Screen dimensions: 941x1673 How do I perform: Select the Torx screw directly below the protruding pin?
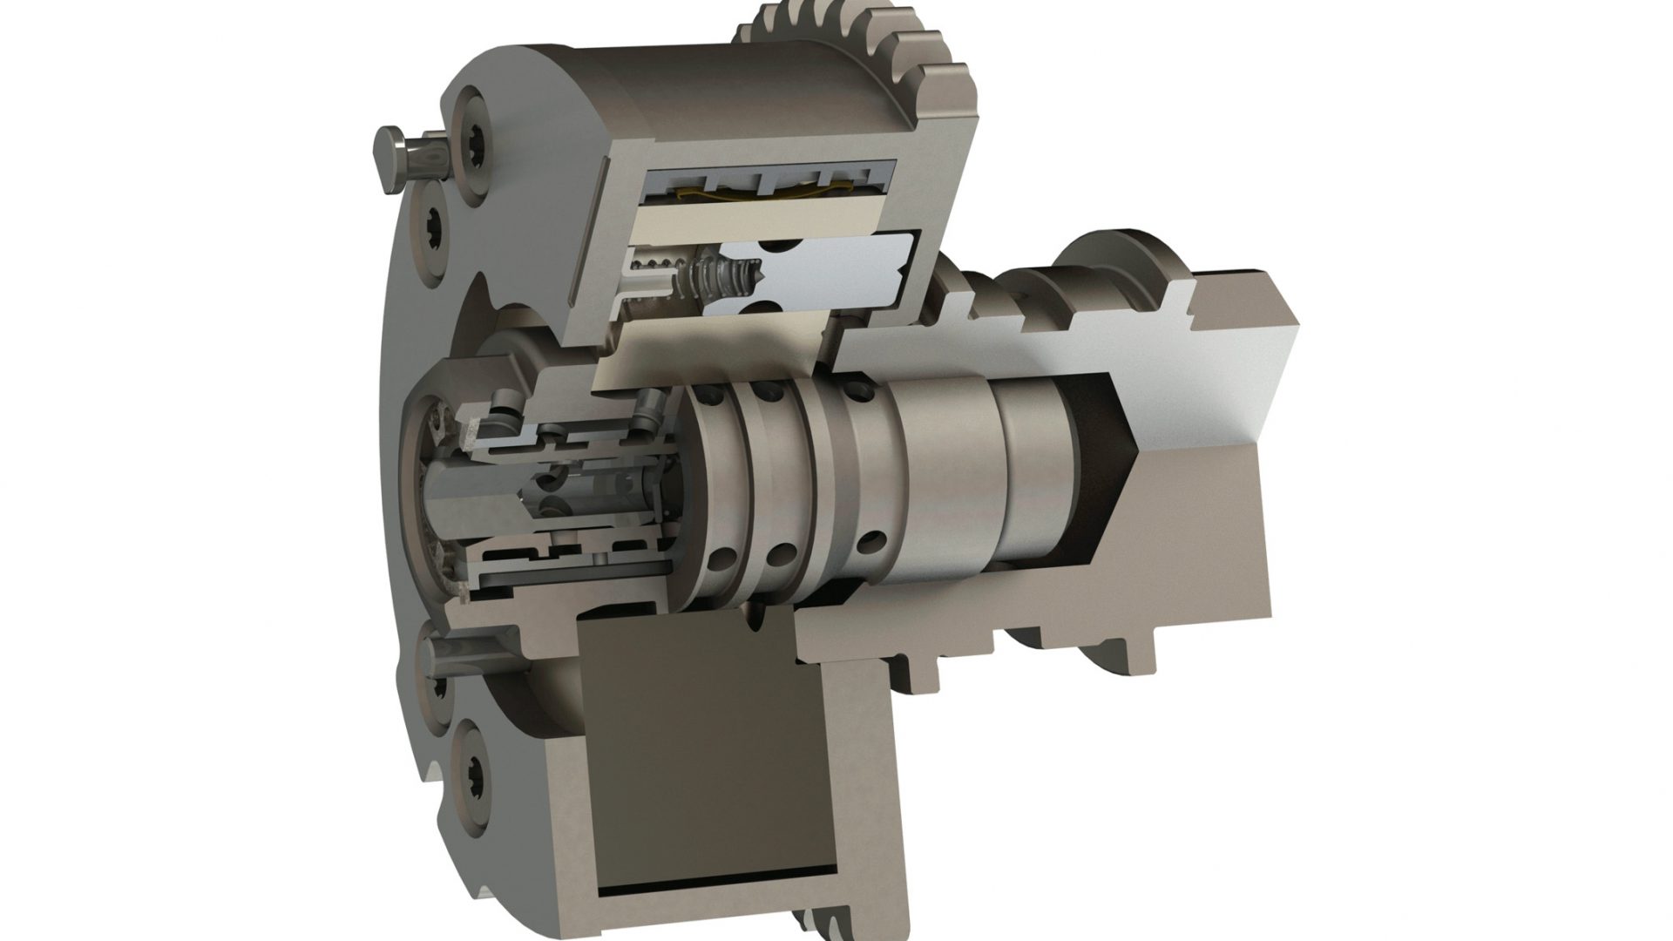[433, 234]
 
